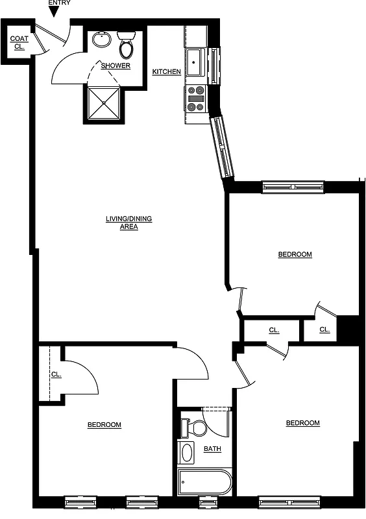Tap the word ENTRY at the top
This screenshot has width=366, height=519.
pos(59,3)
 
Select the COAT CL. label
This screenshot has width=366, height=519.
pos(18,43)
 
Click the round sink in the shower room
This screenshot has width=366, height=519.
pos(102,40)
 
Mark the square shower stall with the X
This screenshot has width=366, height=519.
pos(102,103)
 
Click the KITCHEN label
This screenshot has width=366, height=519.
pos(166,71)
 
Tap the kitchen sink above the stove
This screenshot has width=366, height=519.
pos(195,62)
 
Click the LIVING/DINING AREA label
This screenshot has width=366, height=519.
pos(128,223)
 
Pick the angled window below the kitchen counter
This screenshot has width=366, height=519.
pos(222,147)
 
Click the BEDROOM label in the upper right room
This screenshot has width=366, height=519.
pos(295,254)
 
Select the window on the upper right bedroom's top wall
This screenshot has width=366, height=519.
pos(293,187)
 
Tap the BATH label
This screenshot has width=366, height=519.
pos(212,449)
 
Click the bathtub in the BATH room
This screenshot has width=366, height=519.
pos(204,482)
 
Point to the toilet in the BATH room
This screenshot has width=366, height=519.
pos(194,428)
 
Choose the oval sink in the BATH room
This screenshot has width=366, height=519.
pos(187,452)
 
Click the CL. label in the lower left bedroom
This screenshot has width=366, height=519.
pos(56,374)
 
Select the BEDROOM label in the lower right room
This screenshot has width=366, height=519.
pos(302,423)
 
